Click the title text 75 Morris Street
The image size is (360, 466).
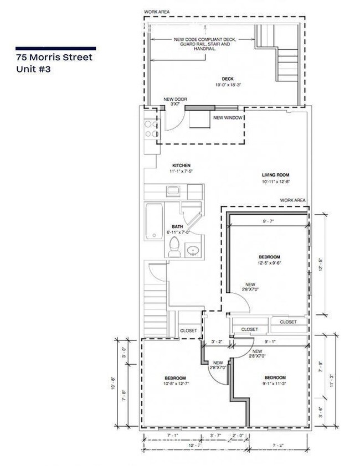coord(54,58)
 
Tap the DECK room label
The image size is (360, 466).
coord(228,81)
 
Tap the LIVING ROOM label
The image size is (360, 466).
coord(276,178)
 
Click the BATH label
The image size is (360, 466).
coord(177,229)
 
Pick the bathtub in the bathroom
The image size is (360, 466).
coord(154,221)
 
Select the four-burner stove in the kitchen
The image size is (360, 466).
coord(150,128)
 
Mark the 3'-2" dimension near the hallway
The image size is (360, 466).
coord(217,343)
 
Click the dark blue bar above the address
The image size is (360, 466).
coord(55,48)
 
